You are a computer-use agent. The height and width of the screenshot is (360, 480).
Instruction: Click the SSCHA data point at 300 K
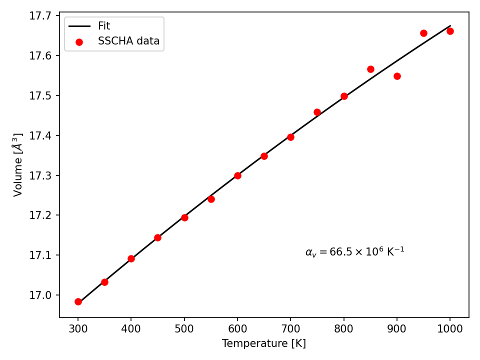[x=78, y=302]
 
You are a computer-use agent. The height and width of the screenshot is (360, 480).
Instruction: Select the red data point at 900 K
[x=397, y=76]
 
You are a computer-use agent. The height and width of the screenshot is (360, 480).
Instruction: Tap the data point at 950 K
[x=423, y=33]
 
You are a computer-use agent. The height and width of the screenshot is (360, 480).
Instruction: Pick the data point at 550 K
[x=211, y=199]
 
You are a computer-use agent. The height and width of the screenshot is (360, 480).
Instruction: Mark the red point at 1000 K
[x=450, y=31]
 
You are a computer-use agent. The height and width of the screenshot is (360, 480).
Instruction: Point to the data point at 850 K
[x=370, y=69]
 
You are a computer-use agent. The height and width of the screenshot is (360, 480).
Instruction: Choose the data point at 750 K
[x=317, y=112]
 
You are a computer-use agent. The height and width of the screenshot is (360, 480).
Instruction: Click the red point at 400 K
[x=131, y=258]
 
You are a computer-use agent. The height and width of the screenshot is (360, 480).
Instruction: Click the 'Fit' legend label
[x=104, y=26]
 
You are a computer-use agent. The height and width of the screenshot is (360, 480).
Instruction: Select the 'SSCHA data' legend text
[x=128, y=40]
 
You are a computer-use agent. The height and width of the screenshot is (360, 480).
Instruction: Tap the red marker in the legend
[x=79, y=42]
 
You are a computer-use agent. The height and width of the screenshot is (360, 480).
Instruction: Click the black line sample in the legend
[x=79, y=26]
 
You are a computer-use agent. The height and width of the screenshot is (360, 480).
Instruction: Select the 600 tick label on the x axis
[x=237, y=329]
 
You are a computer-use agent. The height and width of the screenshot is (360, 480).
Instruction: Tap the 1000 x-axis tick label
[x=449, y=329]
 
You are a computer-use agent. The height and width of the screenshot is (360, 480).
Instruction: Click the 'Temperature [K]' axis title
[x=264, y=343]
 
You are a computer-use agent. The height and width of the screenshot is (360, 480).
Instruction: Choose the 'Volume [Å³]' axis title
[x=18, y=164]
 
